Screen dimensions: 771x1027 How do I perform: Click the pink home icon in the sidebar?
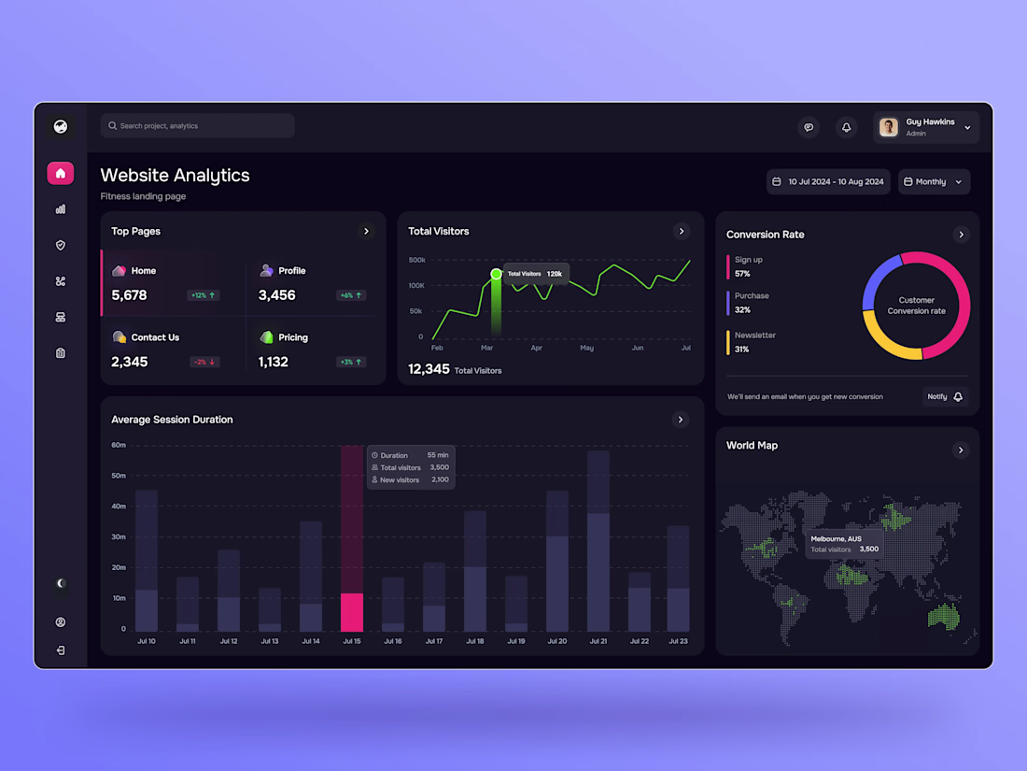tap(61, 173)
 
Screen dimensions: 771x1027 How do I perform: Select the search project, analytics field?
tap(198, 126)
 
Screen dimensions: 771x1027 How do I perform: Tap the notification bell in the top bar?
tap(846, 127)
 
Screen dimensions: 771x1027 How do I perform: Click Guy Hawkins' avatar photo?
tap(889, 127)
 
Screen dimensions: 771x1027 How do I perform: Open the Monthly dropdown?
tap(934, 182)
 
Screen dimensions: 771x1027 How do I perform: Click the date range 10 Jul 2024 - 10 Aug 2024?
tap(828, 182)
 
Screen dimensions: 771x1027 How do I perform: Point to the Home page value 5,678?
tap(129, 295)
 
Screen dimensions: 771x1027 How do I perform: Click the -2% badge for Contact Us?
tap(204, 362)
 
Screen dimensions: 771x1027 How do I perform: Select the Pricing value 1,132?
tap(274, 362)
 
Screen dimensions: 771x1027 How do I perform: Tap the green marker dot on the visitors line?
tap(496, 274)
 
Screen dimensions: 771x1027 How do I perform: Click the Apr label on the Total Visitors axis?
tap(537, 348)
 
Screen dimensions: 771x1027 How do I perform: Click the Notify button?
tap(945, 397)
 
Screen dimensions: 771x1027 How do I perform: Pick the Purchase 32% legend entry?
tap(752, 303)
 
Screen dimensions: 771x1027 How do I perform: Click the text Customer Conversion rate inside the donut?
tap(916, 306)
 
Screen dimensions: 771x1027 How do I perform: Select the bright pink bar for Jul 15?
tap(352, 612)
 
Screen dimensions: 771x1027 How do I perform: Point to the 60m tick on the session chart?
tap(119, 445)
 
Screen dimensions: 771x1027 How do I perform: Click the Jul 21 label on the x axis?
tap(598, 641)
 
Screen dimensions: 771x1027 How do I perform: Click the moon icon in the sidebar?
tap(61, 583)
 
